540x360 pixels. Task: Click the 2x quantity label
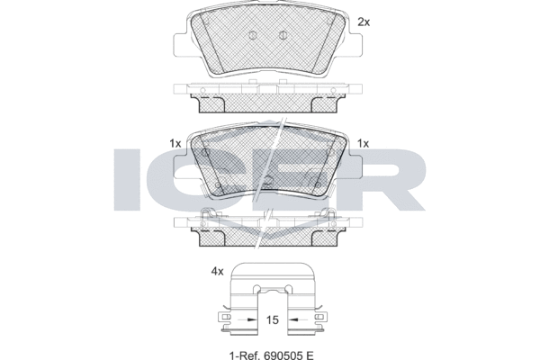point(364,22)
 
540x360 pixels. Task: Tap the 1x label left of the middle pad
point(175,143)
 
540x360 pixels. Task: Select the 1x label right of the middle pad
point(363,143)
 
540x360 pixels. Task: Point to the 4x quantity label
point(217,272)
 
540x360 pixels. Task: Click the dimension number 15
point(273,319)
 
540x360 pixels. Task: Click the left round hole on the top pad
point(252,35)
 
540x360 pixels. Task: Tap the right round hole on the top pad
point(283,35)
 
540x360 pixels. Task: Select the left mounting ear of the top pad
point(181,45)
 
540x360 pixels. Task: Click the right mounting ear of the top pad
point(355,45)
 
